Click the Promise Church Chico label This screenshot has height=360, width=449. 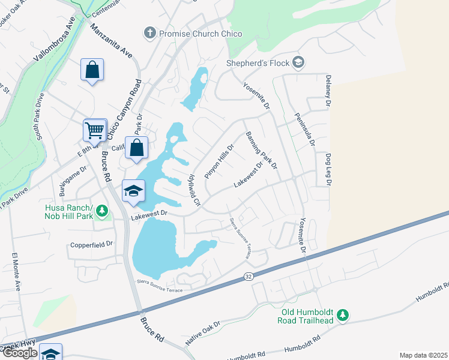[x=200, y=34]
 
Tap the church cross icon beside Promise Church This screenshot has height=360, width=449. [x=150, y=34]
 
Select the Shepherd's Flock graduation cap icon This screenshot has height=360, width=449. [x=298, y=62]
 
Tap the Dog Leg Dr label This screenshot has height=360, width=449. [x=328, y=169]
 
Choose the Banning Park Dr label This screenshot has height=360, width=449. [x=261, y=149]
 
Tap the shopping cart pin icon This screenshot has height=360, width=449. [x=95, y=129]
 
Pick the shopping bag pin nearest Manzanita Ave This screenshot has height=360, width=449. [x=92, y=70]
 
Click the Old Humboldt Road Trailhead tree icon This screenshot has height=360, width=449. [x=343, y=314]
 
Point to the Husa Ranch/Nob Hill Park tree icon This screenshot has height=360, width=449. [x=102, y=211]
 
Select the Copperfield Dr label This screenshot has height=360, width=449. [x=92, y=244]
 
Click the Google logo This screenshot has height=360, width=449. [x=19, y=353]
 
